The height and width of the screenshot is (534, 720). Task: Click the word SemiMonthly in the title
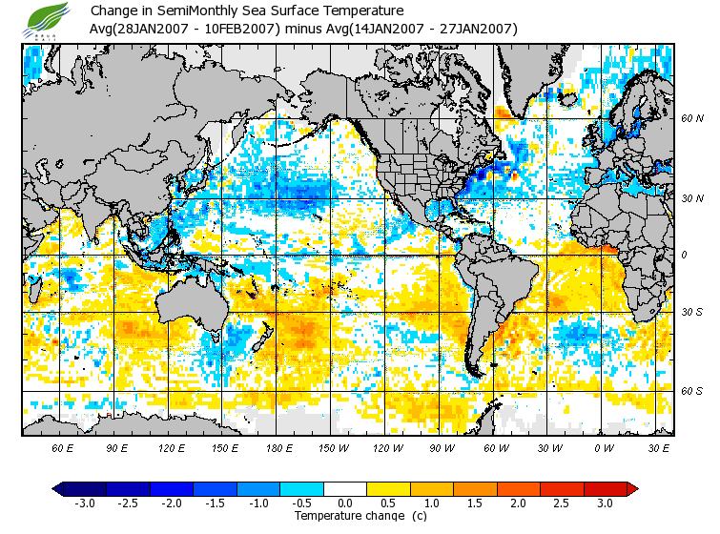click(193, 10)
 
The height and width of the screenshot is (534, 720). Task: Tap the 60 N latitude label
click(691, 119)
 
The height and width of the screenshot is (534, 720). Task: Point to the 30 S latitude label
click(691, 313)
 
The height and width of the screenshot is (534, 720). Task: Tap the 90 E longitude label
click(117, 447)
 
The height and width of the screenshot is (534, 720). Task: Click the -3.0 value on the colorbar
click(83, 503)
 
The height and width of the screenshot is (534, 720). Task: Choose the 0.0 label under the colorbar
click(344, 503)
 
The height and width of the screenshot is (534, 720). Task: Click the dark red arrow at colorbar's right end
click(631, 489)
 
